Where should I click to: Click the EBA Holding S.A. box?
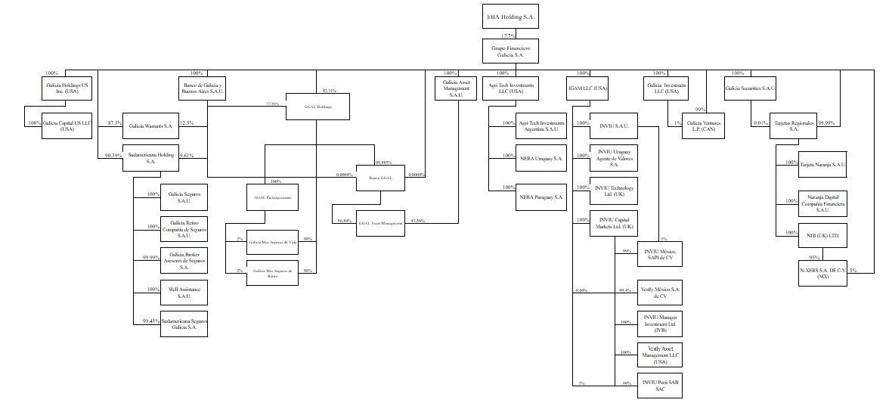point(510,17)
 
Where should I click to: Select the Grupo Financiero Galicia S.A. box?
point(510,51)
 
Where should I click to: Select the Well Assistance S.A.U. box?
point(184,292)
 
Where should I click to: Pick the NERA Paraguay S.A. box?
point(540,197)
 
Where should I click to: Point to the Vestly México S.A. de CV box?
point(661,293)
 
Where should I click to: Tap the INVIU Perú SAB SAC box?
point(661,386)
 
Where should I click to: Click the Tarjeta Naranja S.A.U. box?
point(822,163)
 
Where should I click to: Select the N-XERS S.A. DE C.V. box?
point(822,272)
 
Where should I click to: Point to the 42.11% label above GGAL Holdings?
point(330,90)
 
